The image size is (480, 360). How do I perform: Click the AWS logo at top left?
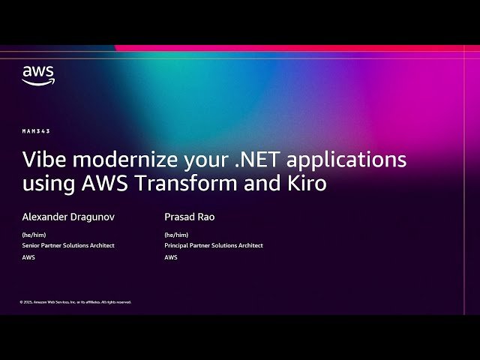(37, 76)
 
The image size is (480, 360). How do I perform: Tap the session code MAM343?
(36, 131)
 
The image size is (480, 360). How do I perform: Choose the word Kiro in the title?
(307, 184)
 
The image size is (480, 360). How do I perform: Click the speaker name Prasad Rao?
(189, 217)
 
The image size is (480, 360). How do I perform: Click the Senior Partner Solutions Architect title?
(68, 245)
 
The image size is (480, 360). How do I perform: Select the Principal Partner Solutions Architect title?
(214, 245)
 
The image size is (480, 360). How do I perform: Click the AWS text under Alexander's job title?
(28, 257)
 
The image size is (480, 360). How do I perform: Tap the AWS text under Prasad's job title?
(171, 257)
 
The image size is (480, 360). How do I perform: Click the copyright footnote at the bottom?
(76, 301)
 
